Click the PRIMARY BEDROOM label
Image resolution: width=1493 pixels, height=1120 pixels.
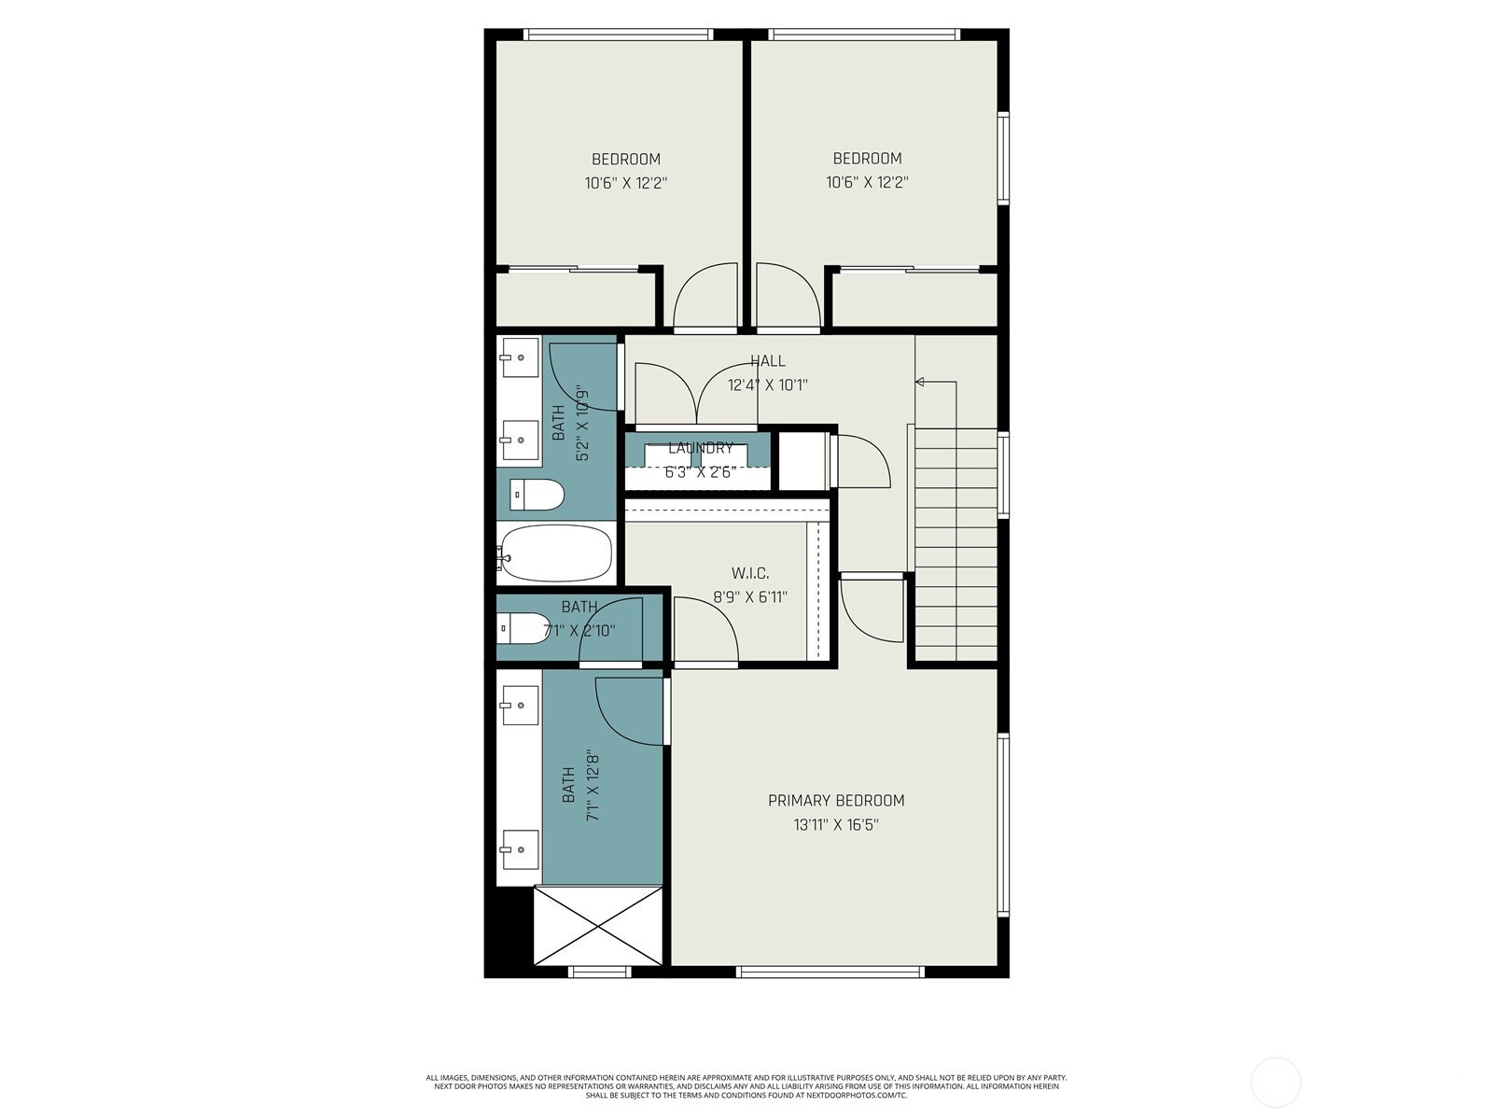[x=836, y=801]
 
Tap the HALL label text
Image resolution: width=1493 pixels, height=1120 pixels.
[x=767, y=361]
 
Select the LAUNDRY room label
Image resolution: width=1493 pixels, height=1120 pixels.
[x=701, y=448]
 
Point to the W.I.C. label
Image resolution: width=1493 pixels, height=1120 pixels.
[x=750, y=573]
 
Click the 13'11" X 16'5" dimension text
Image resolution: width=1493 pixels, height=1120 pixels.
[x=836, y=825]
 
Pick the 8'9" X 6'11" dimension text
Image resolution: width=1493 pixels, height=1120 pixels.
[x=750, y=597]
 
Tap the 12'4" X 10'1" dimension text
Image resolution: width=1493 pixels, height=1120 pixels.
[x=767, y=385]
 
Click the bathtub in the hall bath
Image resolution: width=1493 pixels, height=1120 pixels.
[x=555, y=553]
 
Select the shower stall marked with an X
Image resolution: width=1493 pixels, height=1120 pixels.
[x=598, y=926]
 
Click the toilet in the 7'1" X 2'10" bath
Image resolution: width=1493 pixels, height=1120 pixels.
[x=522, y=627]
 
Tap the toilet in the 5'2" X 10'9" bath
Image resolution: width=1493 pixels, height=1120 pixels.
[x=537, y=495]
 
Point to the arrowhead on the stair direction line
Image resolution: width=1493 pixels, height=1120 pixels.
[x=920, y=382]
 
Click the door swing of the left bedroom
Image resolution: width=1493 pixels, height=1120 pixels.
[x=705, y=297]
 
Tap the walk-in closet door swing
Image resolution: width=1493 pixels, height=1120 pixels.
[x=705, y=629]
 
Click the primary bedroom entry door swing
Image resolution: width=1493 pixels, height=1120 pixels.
[x=872, y=609]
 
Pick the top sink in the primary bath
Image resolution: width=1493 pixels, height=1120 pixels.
[x=520, y=706]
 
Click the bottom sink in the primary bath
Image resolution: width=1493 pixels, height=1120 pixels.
[x=520, y=849]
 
